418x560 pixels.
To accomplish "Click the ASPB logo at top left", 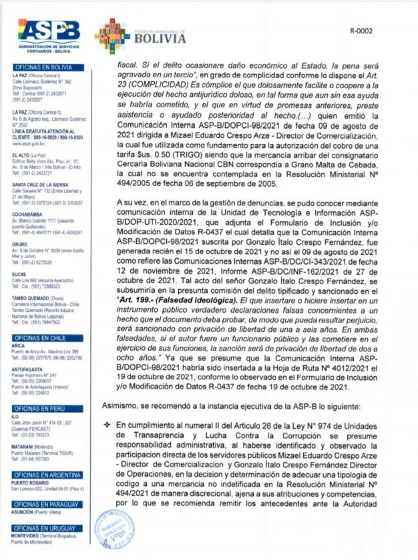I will (x=49, y=31).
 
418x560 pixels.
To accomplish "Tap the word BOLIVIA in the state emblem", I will (x=160, y=39).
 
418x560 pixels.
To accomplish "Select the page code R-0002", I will (x=361, y=30).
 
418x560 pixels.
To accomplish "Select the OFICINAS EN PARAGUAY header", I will (x=43, y=505).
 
